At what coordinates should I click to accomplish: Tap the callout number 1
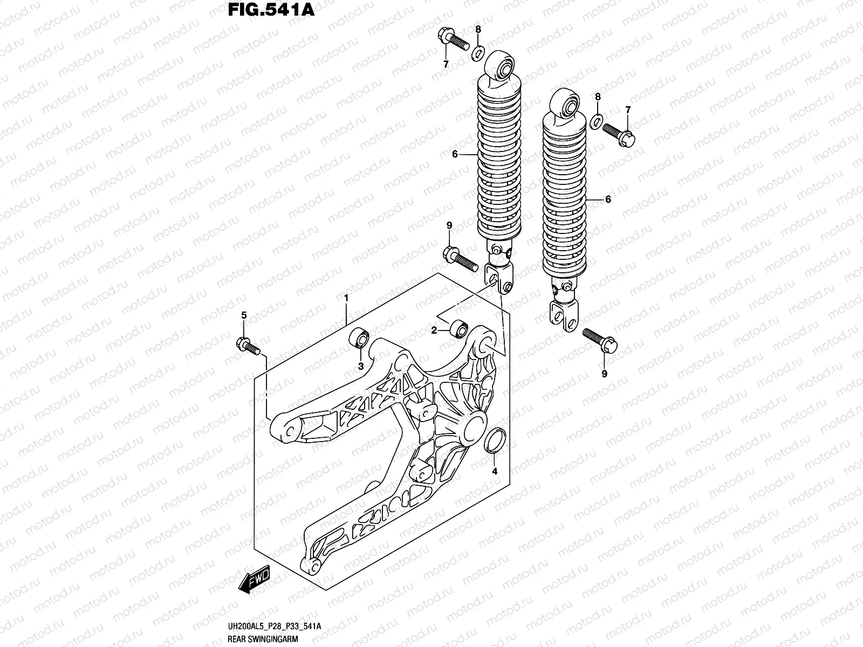pyautogui.click(x=346, y=298)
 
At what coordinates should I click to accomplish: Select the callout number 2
pyautogui.click(x=434, y=331)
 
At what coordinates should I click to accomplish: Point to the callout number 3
pyautogui.click(x=361, y=367)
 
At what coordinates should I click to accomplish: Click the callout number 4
pyautogui.click(x=495, y=472)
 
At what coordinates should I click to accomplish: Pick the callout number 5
pyautogui.click(x=243, y=316)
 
